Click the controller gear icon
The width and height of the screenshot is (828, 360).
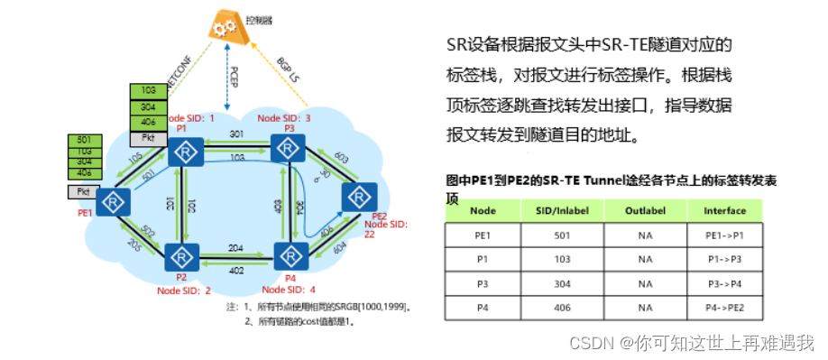click(x=225, y=26)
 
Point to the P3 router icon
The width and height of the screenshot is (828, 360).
click(x=290, y=151)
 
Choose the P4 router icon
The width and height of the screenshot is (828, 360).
click(x=290, y=254)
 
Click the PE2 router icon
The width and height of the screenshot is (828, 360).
click(x=359, y=195)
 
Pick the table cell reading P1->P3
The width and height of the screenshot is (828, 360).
click(x=725, y=258)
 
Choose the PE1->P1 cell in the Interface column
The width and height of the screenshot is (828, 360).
click(x=725, y=235)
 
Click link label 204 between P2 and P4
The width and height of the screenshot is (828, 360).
click(x=235, y=246)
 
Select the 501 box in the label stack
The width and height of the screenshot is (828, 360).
click(x=86, y=140)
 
